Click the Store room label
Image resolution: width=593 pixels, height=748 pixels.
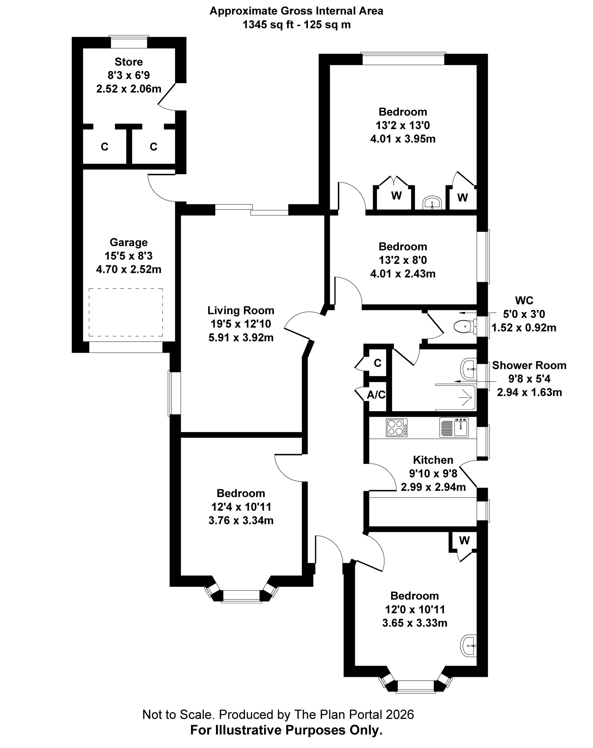click(x=129, y=62)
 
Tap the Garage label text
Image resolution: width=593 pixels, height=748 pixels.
click(x=129, y=242)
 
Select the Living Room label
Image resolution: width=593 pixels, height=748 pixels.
click(x=241, y=310)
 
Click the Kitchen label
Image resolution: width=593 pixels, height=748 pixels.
click(x=433, y=460)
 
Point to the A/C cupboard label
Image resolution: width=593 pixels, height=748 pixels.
click(x=376, y=394)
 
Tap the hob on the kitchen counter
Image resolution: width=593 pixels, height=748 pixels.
click(x=397, y=427)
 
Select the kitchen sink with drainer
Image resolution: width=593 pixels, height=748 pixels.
click(x=454, y=427)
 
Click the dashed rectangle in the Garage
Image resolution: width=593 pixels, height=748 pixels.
click(x=126, y=312)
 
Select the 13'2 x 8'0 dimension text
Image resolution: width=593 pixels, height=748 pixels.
click(x=403, y=260)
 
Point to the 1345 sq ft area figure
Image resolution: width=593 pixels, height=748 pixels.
click(x=268, y=25)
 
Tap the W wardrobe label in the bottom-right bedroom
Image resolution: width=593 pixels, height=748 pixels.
click(x=464, y=540)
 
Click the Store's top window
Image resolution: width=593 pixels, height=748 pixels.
click(x=129, y=42)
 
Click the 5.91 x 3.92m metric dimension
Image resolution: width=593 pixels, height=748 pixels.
click(x=241, y=337)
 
